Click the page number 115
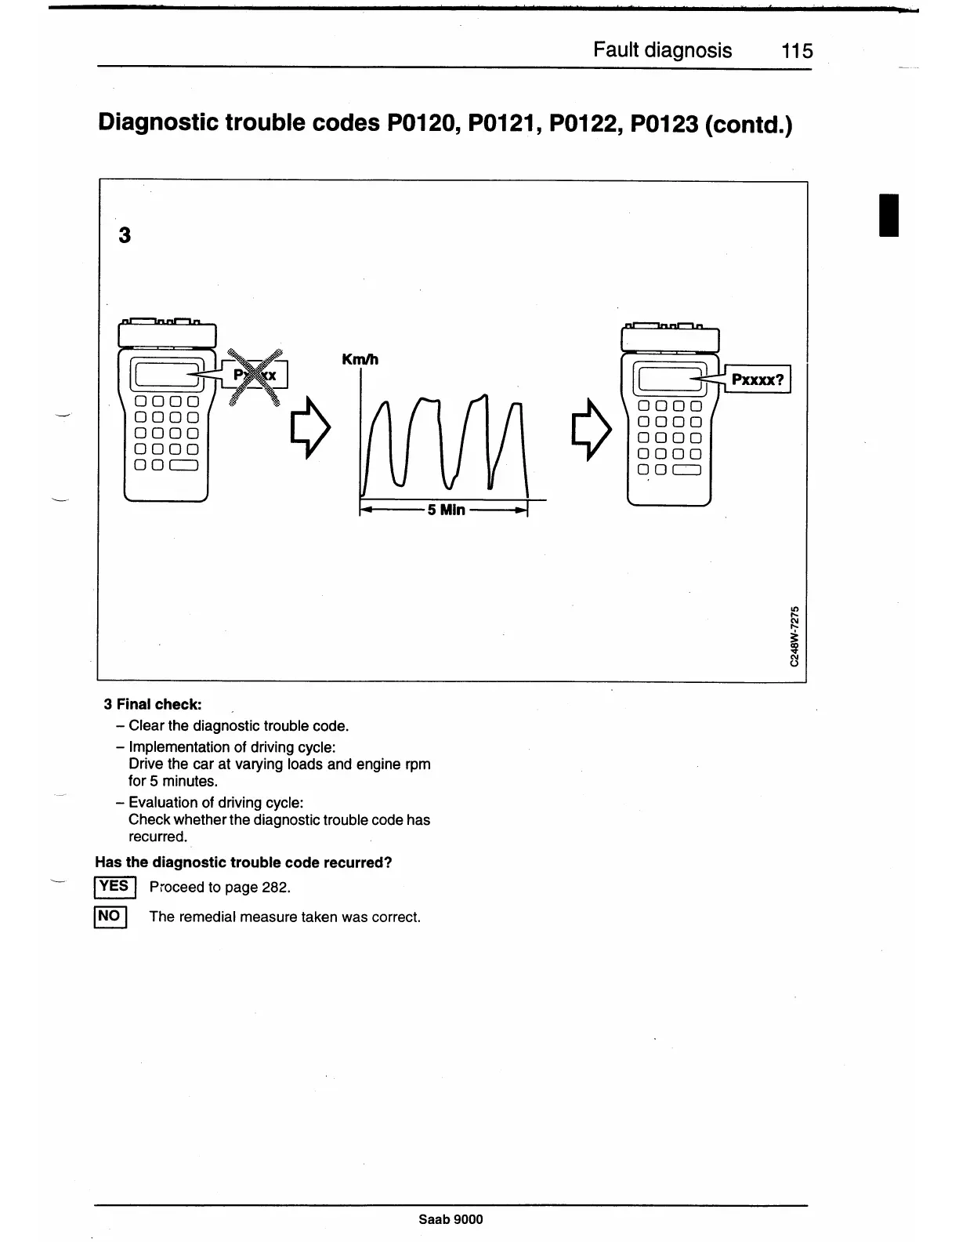[797, 52]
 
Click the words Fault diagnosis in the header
[662, 51]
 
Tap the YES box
[114, 887]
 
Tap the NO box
[110, 916]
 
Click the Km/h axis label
[360, 360]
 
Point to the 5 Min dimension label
[446, 510]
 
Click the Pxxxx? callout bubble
[757, 380]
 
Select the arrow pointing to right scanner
[594, 428]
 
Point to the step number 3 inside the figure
[124, 235]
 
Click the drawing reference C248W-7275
[794, 635]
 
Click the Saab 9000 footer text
[451, 1219]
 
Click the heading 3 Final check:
[153, 704]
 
